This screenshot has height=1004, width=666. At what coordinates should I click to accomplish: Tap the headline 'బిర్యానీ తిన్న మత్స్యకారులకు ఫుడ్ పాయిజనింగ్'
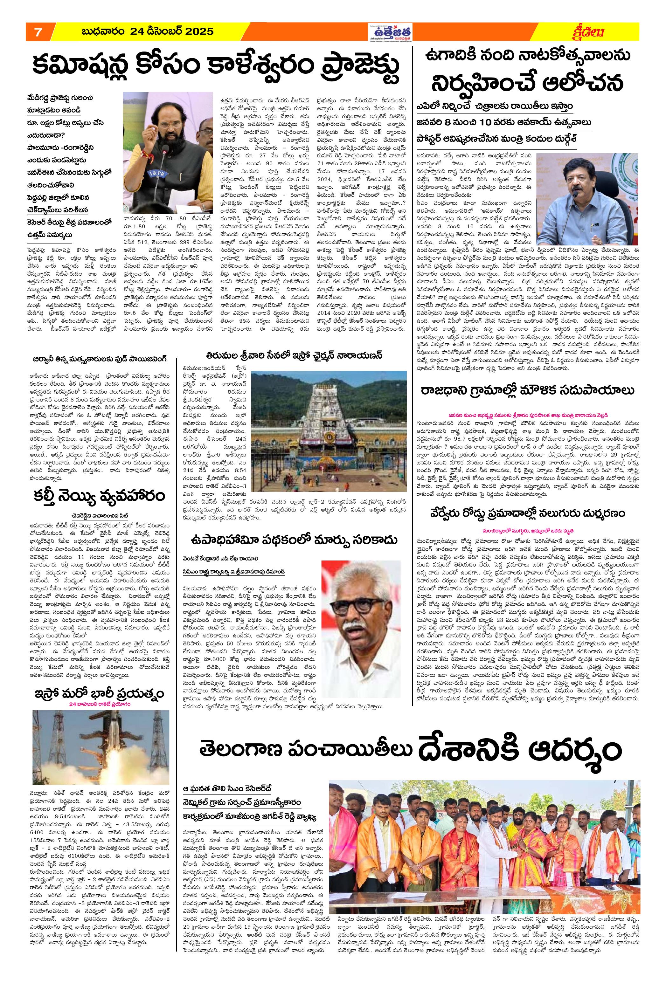tap(100, 358)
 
